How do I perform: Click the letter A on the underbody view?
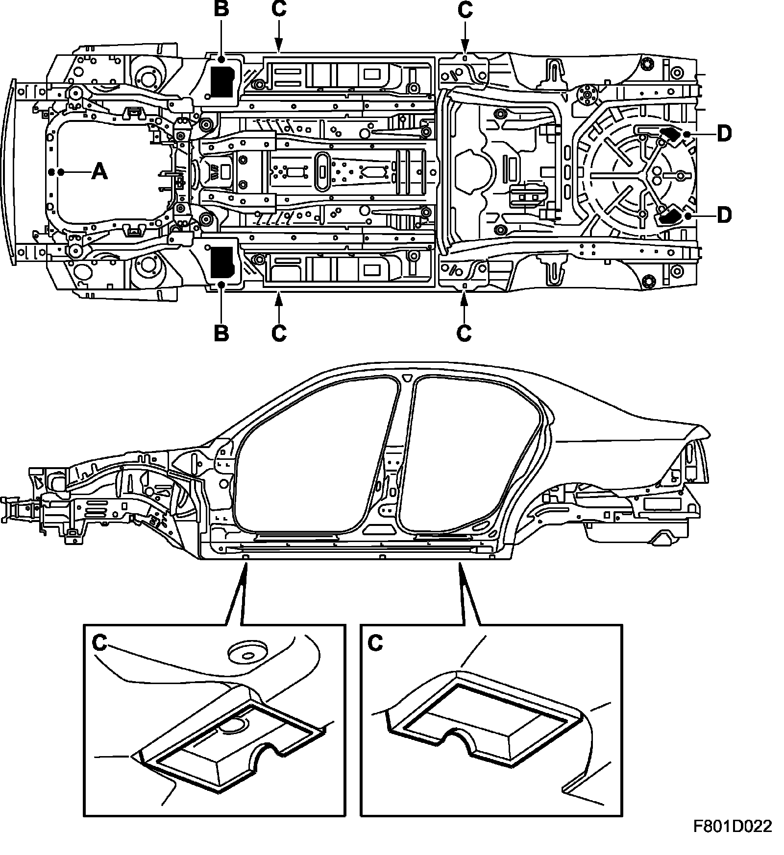click(x=99, y=172)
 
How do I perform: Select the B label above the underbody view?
click(x=221, y=10)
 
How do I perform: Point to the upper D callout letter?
click(x=724, y=133)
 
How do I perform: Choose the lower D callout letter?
click(x=724, y=214)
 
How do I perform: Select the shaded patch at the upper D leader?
click(x=670, y=134)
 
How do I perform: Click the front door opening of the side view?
click(x=314, y=460)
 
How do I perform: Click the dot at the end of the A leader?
click(x=51, y=172)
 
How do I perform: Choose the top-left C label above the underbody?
click(x=278, y=10)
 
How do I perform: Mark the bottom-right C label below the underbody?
click(x=464, y=333)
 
